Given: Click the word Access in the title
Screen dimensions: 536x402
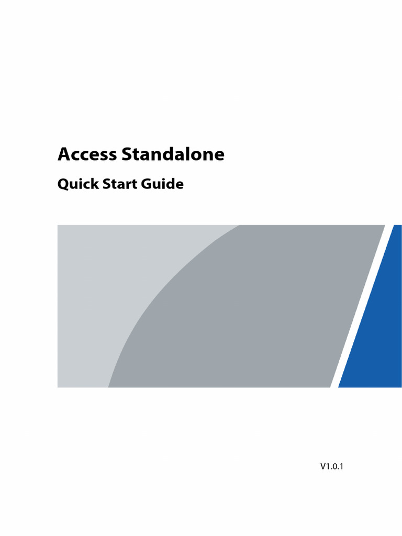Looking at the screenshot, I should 87,154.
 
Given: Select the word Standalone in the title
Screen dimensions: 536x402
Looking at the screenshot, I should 173,154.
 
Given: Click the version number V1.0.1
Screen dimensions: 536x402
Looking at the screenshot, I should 332,466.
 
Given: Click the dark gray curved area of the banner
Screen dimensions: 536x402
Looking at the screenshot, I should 251,314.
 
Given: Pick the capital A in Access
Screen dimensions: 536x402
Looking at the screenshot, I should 64,154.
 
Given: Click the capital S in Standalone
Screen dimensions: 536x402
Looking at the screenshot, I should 126,154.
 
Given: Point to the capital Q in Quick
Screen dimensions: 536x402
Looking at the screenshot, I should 63,184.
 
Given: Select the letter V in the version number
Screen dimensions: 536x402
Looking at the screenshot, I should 323,466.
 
